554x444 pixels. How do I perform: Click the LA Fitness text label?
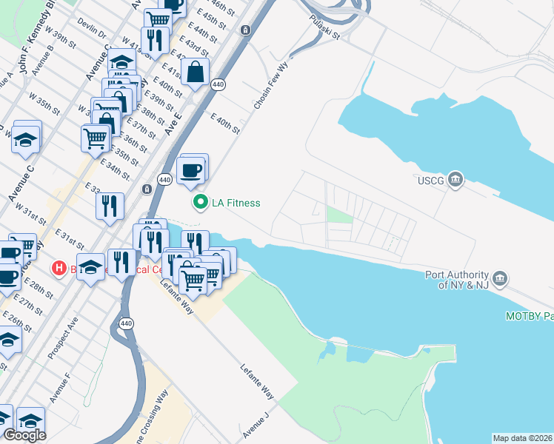point(236,202)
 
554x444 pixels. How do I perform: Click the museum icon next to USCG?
point(455,179)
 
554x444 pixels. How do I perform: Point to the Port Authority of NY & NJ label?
point(456,279)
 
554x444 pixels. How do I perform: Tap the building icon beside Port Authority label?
point(501,278)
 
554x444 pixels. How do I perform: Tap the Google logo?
point(24,435)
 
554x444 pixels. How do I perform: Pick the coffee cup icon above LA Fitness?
point(192,169)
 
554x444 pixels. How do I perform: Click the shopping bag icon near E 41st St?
point(195,73)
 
